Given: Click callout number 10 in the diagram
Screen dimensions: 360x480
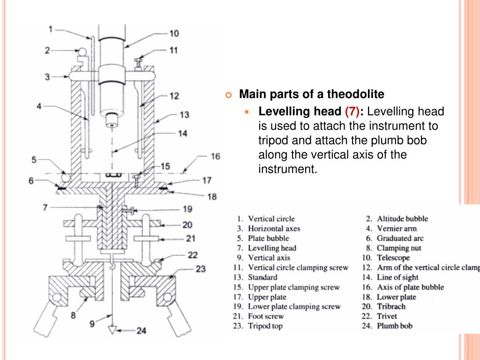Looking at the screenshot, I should (x=174, y=34).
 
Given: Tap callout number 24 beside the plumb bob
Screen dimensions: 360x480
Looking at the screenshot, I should (x=141, y=331).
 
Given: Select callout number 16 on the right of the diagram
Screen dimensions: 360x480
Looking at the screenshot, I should (x=215, y=156).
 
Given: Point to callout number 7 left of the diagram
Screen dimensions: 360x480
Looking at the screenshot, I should (x=45, y=207).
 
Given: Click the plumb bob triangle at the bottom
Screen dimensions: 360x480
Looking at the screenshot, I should (x=112, y=330).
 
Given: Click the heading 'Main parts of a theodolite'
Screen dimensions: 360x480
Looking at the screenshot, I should (x=312, y=95).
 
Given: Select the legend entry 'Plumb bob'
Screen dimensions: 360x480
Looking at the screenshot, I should (x=395, y=326).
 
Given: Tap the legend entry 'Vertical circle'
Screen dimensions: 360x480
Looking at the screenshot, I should (x=271, y=218).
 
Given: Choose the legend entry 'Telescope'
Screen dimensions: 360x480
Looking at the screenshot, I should (x=393, y=258).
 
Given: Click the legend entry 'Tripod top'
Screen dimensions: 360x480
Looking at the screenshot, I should (x=265, y=326).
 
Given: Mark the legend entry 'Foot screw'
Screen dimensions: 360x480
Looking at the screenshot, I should (x=266, y=316).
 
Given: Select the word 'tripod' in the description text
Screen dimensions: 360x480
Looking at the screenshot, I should (x=272, y=141).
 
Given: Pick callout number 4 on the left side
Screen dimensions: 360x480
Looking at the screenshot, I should (x=39, y=106).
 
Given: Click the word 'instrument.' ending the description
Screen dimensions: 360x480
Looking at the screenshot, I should (x=288, y=169).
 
